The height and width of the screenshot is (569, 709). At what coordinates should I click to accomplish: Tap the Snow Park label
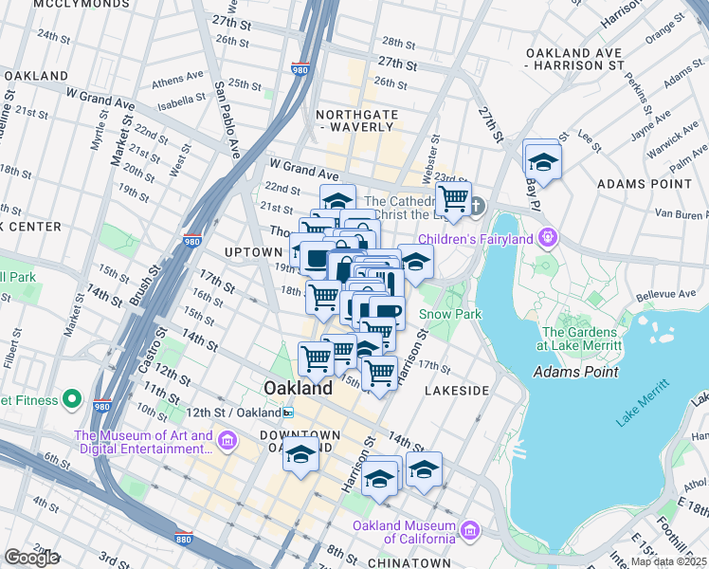pyautogui.click(x=451, y=314)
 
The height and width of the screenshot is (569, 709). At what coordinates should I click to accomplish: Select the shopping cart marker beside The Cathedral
pyautogui.click(x=454, y=200)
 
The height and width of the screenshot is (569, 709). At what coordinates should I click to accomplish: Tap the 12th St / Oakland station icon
pyautogui.click(x=287, y=413)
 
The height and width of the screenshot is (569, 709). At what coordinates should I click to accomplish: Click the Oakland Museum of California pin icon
pyautogui.click(x=468, y=527)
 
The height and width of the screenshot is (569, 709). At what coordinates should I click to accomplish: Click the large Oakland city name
pyautogui.click(x=298, y=389)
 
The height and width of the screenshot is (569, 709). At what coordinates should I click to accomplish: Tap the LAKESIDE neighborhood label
pyautogui.click(x=457, y=391)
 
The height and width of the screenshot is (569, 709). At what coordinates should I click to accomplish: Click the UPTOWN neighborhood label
pyautogui.click(x=254, y=252)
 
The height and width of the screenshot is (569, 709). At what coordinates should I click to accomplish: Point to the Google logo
pyautogui.click(x=31, y=558)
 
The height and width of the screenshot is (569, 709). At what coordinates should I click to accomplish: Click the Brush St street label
pyautogui.click(x=141, y=285)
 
